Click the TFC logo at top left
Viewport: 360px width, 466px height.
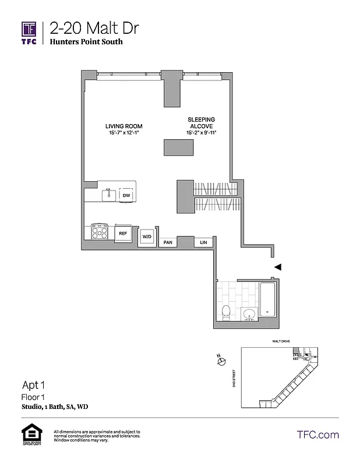[29, 31]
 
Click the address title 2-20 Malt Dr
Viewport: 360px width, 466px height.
[94, 27]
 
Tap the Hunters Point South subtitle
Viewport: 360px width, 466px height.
[86, 42]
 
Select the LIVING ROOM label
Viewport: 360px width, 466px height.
[123, 126]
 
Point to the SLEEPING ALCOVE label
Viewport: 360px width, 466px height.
[201, 123]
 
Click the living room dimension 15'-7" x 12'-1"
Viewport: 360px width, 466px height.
[123, 134]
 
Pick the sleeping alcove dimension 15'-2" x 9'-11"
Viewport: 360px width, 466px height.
[201, 134]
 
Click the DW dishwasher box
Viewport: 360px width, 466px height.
[126, 196]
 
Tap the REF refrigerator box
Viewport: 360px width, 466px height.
[123, 233]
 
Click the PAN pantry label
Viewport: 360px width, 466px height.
[168, 242]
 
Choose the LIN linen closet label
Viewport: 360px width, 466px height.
[203, 242]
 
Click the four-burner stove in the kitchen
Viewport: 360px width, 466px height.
[100, 232]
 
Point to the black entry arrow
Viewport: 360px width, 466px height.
[278, 267]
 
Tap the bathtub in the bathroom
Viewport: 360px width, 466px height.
[268, 299]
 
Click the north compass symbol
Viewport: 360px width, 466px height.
[221, 362]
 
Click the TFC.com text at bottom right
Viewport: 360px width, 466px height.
[317, 435]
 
